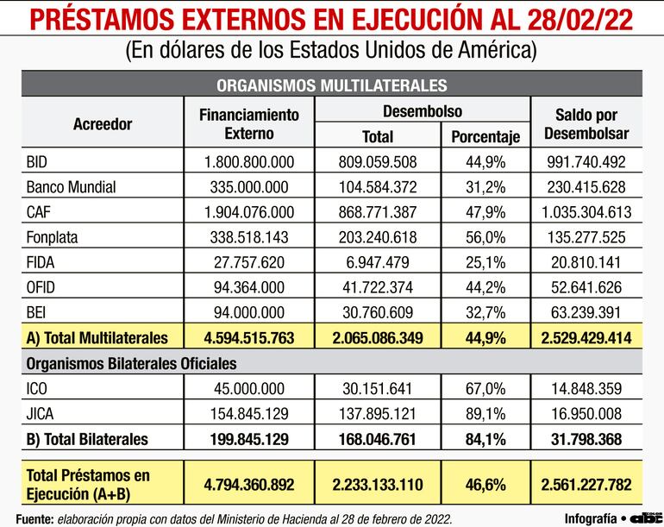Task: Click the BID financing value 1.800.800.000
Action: click(248, 162)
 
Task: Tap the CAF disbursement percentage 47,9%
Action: click(485, 212)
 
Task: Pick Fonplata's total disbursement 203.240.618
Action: click(379, 237)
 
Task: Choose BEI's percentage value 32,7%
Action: click(485, 312)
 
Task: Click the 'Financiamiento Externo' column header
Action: click(248, 123)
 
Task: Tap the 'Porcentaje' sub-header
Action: click(485, 136)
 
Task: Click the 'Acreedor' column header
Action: click(103, 123)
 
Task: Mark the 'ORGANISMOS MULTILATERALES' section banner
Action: click(331, 85)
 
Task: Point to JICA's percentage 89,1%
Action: click(485, 413)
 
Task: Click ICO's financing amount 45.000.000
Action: click(248, 388)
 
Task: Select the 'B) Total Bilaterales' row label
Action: click(87, 439)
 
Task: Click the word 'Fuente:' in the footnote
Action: click(35, 518)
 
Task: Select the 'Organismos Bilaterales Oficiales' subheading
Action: click(131, 363)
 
